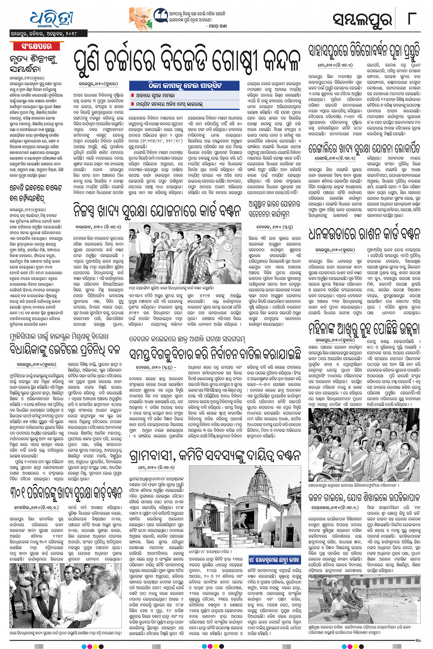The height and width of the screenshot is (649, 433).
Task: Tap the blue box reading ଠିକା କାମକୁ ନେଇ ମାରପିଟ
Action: point(184,86)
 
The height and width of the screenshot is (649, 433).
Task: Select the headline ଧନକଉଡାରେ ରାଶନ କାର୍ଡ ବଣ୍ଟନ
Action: point(364,234)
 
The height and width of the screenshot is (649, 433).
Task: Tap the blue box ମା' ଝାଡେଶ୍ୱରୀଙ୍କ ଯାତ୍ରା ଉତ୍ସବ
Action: point(274,559)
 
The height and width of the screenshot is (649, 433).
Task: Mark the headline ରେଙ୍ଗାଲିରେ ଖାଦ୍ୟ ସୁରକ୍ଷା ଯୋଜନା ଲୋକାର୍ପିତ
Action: point(364,148)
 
